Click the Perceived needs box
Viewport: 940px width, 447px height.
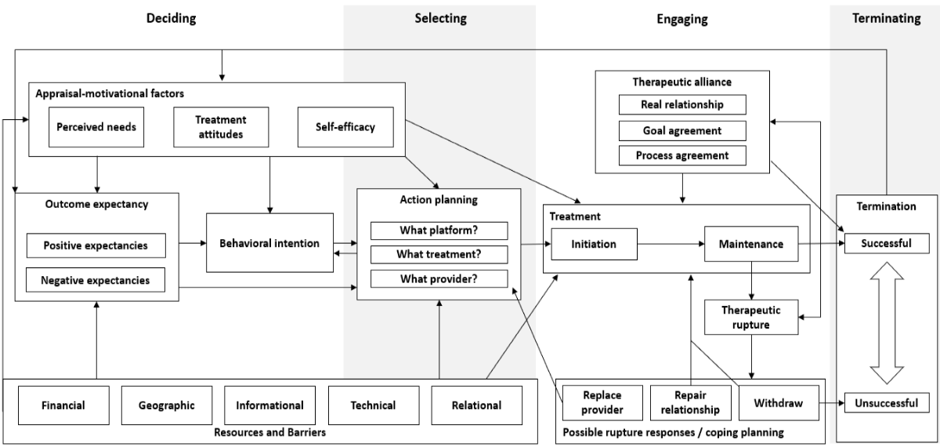[x=96, y=126]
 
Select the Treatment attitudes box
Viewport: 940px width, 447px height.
[x=220, y=126]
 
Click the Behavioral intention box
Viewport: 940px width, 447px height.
[x=270, y=243]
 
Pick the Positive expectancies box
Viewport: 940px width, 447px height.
[x=96, y=245]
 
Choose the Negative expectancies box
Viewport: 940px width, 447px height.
[x=96, y=279]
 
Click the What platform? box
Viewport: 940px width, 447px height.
[x=439, y=231]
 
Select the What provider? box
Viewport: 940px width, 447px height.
[x=439, y=278]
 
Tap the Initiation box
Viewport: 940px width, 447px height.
[x=594, y=244]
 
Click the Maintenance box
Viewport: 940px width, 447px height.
[x=750, y=244]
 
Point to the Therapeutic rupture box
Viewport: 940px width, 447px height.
[x=750, y=316]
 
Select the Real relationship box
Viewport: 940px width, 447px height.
[x=682, y=104]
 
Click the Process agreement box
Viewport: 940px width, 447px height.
[x=682, y=155]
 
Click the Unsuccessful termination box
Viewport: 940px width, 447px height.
[x=886, y=404]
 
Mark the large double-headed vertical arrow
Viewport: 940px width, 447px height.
[x=886, y=324]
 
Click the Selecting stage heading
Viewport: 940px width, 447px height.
[x=440, y=18]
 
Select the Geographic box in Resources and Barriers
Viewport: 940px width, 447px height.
[x=166, y=405]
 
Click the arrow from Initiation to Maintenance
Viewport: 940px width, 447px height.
[x=671, y=244]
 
